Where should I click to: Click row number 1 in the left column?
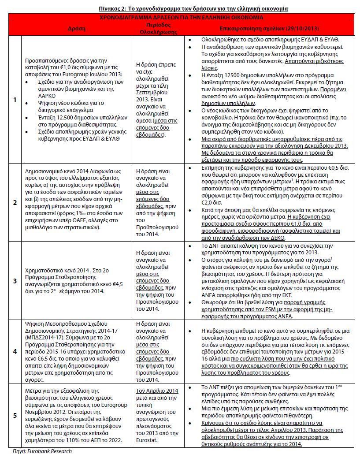(x=15, y=100)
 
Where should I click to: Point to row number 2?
(x=15, y=202)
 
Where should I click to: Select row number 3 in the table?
(x=15, y=280)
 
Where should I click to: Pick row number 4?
(x=15, y=351)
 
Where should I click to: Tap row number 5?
(x=15, y=415)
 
